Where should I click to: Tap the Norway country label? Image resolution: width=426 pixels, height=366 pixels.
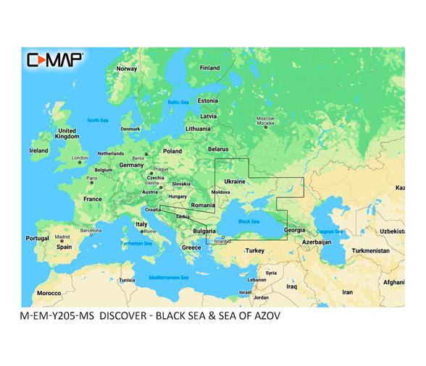127,69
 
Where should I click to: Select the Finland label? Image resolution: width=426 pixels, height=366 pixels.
209,68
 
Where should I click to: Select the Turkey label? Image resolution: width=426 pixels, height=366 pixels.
255,250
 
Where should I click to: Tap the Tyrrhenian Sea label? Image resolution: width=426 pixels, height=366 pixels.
136,244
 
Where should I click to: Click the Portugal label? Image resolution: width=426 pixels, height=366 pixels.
37,238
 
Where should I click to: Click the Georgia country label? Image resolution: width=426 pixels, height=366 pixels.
295,230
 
